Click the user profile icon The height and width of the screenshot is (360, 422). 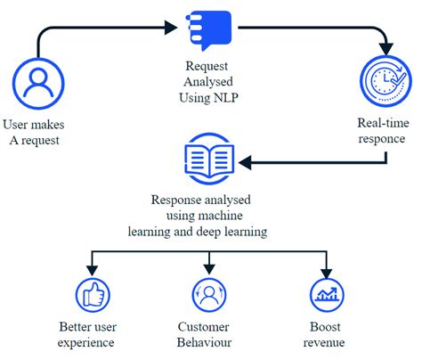[x=38, y=84]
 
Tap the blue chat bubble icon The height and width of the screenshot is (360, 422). [x=209, y=30]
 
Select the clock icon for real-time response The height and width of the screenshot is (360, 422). [x=385, y=81]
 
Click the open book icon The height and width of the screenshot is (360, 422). [x=209, y=159]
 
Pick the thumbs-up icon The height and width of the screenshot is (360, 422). [x=93, y=295]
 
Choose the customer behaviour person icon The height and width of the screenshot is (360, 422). [x=209, y=295]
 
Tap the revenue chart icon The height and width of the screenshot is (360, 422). [x=327, y=295]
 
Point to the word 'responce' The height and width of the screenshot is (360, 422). [x=382, y=139]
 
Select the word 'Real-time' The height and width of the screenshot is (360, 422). [x=383, y=123]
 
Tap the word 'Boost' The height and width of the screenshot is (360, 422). [x=325, y=326]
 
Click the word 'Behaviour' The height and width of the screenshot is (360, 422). [x=204, y=342]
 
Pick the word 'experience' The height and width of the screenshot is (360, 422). [x=85, y=343]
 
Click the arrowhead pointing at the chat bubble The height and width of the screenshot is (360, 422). [x=171, y=28]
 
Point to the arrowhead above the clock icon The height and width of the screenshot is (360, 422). [x=386, y=49]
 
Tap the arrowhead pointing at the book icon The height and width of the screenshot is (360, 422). [x=245, y=162]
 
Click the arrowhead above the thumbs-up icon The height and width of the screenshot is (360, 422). [x=93, y=270]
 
